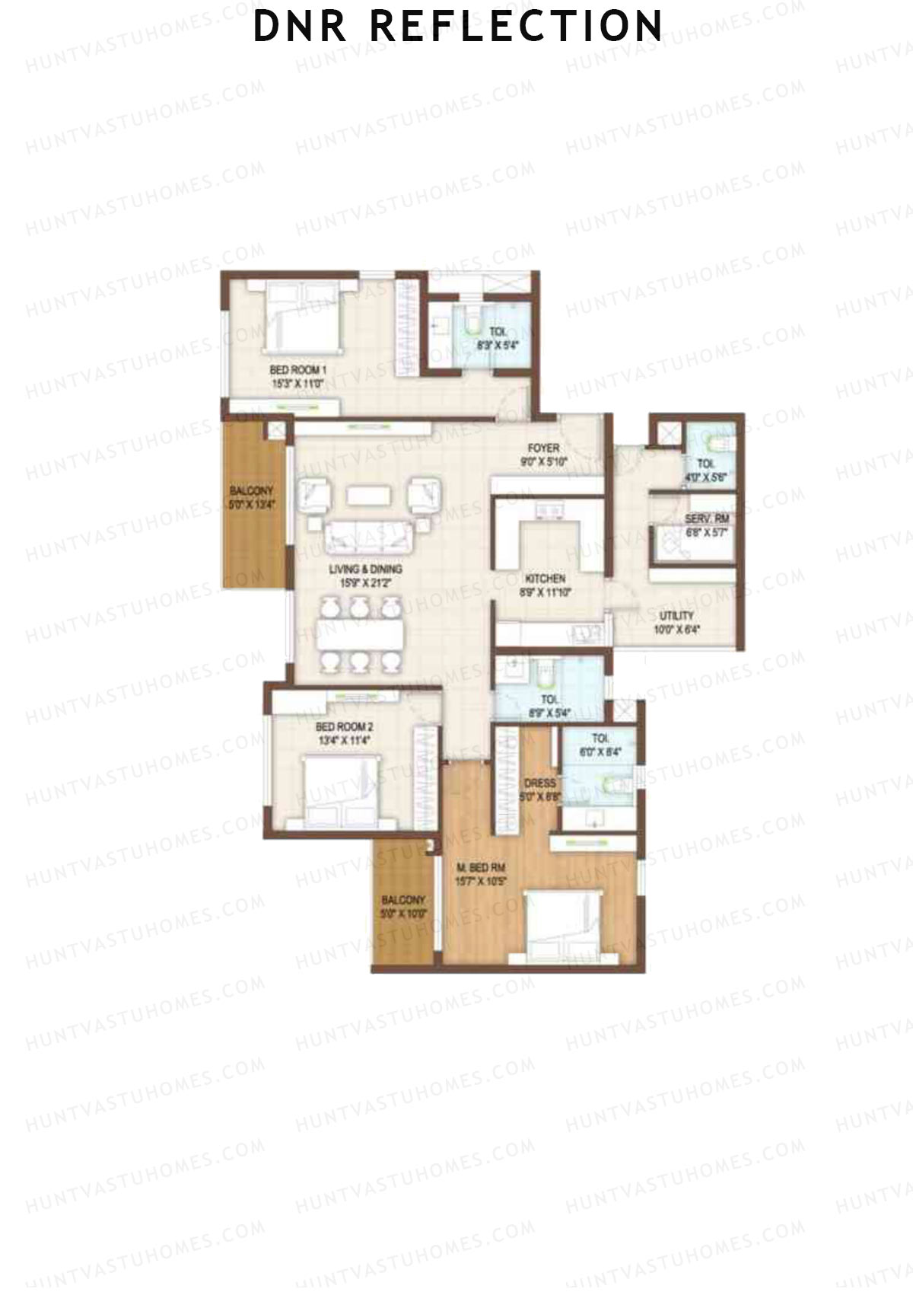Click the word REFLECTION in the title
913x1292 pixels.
517,26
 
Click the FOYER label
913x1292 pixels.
544,448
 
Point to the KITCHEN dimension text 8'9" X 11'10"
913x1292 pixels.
544,591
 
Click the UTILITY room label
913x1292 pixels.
676,615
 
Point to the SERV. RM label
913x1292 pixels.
707,519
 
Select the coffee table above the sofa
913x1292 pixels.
369,496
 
